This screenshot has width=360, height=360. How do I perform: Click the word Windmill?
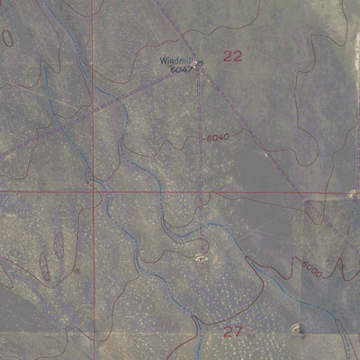176,60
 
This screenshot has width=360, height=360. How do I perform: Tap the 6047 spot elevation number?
182,68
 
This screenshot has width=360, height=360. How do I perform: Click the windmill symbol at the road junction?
200,63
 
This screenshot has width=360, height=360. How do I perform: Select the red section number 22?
232,56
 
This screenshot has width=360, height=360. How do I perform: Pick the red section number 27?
232,331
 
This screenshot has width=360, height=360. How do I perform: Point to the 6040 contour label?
217,137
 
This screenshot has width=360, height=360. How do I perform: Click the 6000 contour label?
311,267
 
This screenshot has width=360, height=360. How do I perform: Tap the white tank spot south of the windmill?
200,258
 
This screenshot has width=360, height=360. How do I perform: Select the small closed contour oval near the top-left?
7,37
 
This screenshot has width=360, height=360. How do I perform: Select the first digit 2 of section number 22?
227,56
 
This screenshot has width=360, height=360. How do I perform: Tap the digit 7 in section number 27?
238,331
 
